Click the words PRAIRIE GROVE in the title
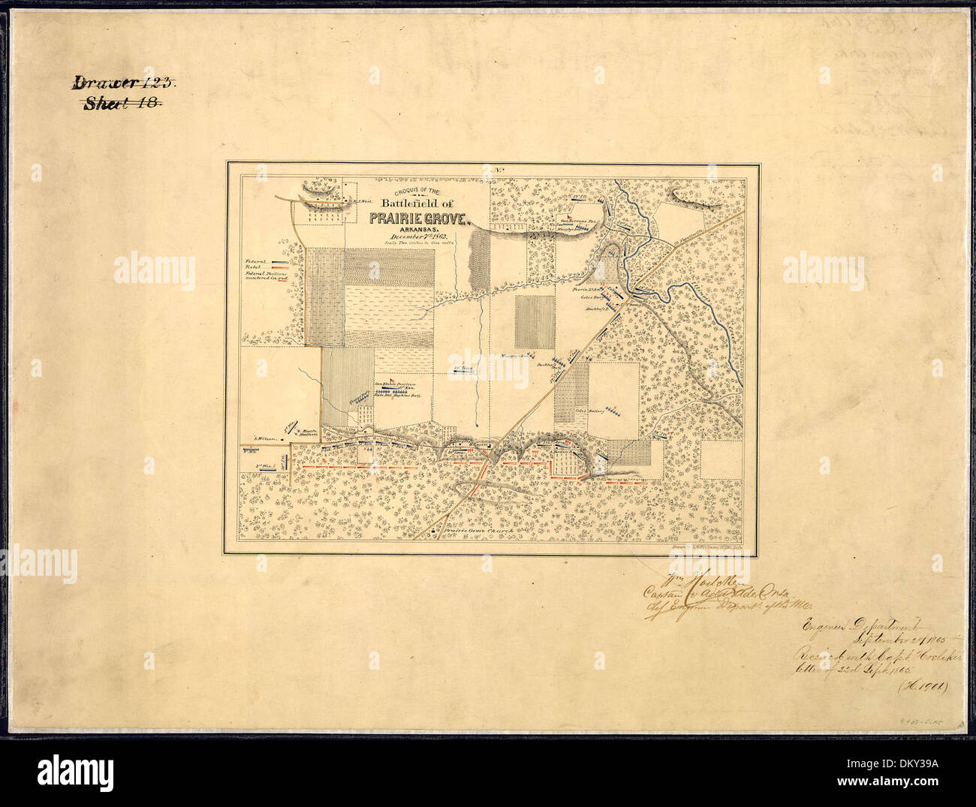pyautogui.click(x=418, y=218)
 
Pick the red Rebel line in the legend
pyautogui.click(x=279, y=270)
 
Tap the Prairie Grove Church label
pyautogui.click(x=477, y=531)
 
